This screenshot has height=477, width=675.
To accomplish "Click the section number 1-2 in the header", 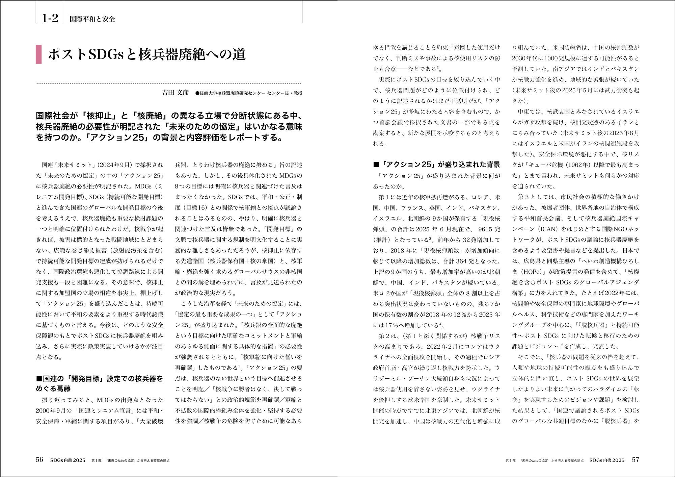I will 50,19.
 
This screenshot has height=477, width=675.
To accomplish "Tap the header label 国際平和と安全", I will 92,19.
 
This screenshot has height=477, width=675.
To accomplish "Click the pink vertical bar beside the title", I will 38,54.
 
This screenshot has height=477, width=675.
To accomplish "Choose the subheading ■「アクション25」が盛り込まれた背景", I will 437,165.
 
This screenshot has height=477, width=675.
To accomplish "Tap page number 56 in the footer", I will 39,460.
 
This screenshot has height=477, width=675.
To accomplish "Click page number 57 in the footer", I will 635,460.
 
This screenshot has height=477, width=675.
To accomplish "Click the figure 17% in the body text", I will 392,325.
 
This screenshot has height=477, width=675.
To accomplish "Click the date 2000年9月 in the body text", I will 52,410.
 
